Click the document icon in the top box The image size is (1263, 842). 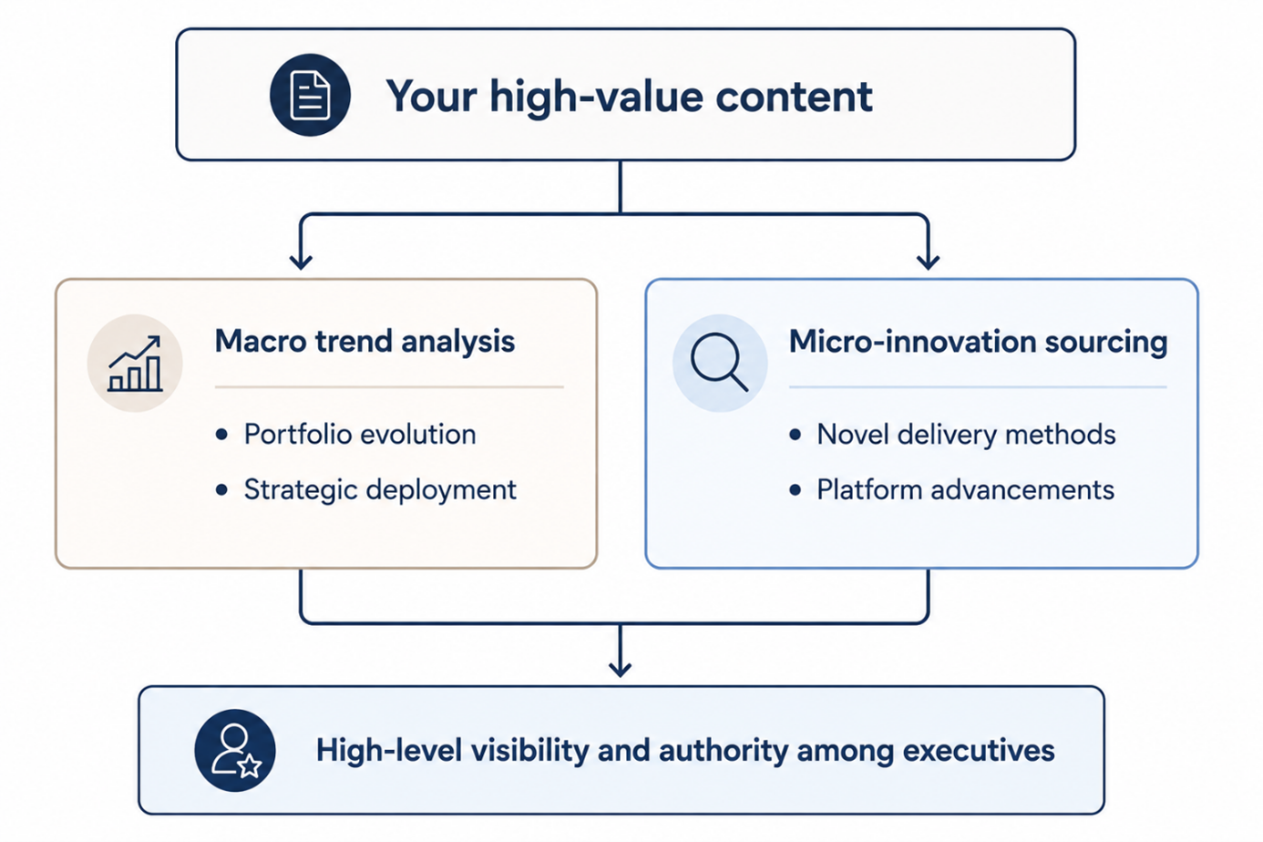310,95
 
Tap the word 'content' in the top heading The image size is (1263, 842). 794,97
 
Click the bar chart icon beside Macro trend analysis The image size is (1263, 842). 135,364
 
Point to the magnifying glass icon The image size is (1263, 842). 719,362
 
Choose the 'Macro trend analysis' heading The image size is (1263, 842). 365,341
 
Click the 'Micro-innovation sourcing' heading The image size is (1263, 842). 978,342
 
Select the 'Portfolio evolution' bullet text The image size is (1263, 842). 360,435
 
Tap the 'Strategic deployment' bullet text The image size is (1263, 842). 380,489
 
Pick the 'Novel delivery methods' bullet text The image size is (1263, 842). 966,435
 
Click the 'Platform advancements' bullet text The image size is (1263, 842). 965,489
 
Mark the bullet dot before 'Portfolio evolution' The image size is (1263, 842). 221,435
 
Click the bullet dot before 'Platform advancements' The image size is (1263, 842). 795,489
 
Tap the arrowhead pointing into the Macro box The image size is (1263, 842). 301,262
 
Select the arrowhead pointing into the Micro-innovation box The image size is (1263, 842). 928,262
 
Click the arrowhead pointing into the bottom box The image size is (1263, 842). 621,669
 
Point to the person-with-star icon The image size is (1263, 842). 235,750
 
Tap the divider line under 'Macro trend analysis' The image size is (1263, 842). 389,387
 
